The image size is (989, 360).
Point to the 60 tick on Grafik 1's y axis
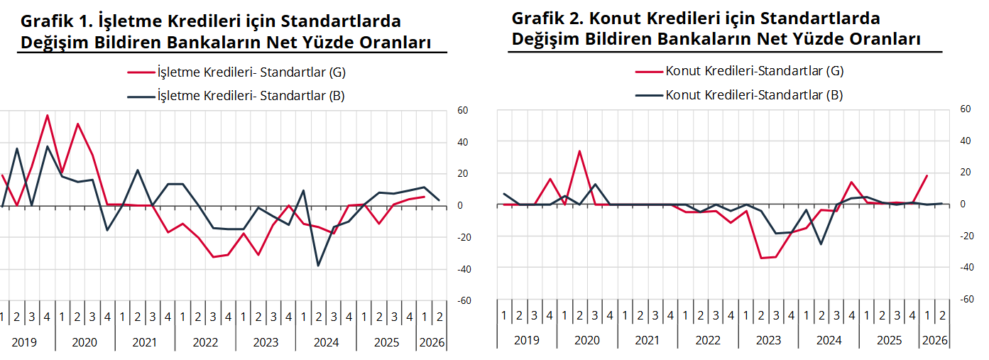[x=462, y=110]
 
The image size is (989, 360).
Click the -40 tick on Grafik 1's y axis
[x=461, y=269]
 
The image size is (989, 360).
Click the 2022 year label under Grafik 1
[x=205, y=342]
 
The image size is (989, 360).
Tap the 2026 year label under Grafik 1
[x=432, y=342]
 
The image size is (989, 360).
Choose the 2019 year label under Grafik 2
[x=526, y=340]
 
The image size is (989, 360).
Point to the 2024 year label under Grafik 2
[x=829, y=340]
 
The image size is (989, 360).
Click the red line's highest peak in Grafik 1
[x=47, y=115]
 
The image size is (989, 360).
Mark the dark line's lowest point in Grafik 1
[x=318, y=266]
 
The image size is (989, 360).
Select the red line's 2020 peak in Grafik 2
[x=579, y=151]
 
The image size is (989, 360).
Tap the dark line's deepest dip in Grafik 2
[x=821, y=244]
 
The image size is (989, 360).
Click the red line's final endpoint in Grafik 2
[x=927, y=175]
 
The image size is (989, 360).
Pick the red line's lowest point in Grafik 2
[x=761, y=258]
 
